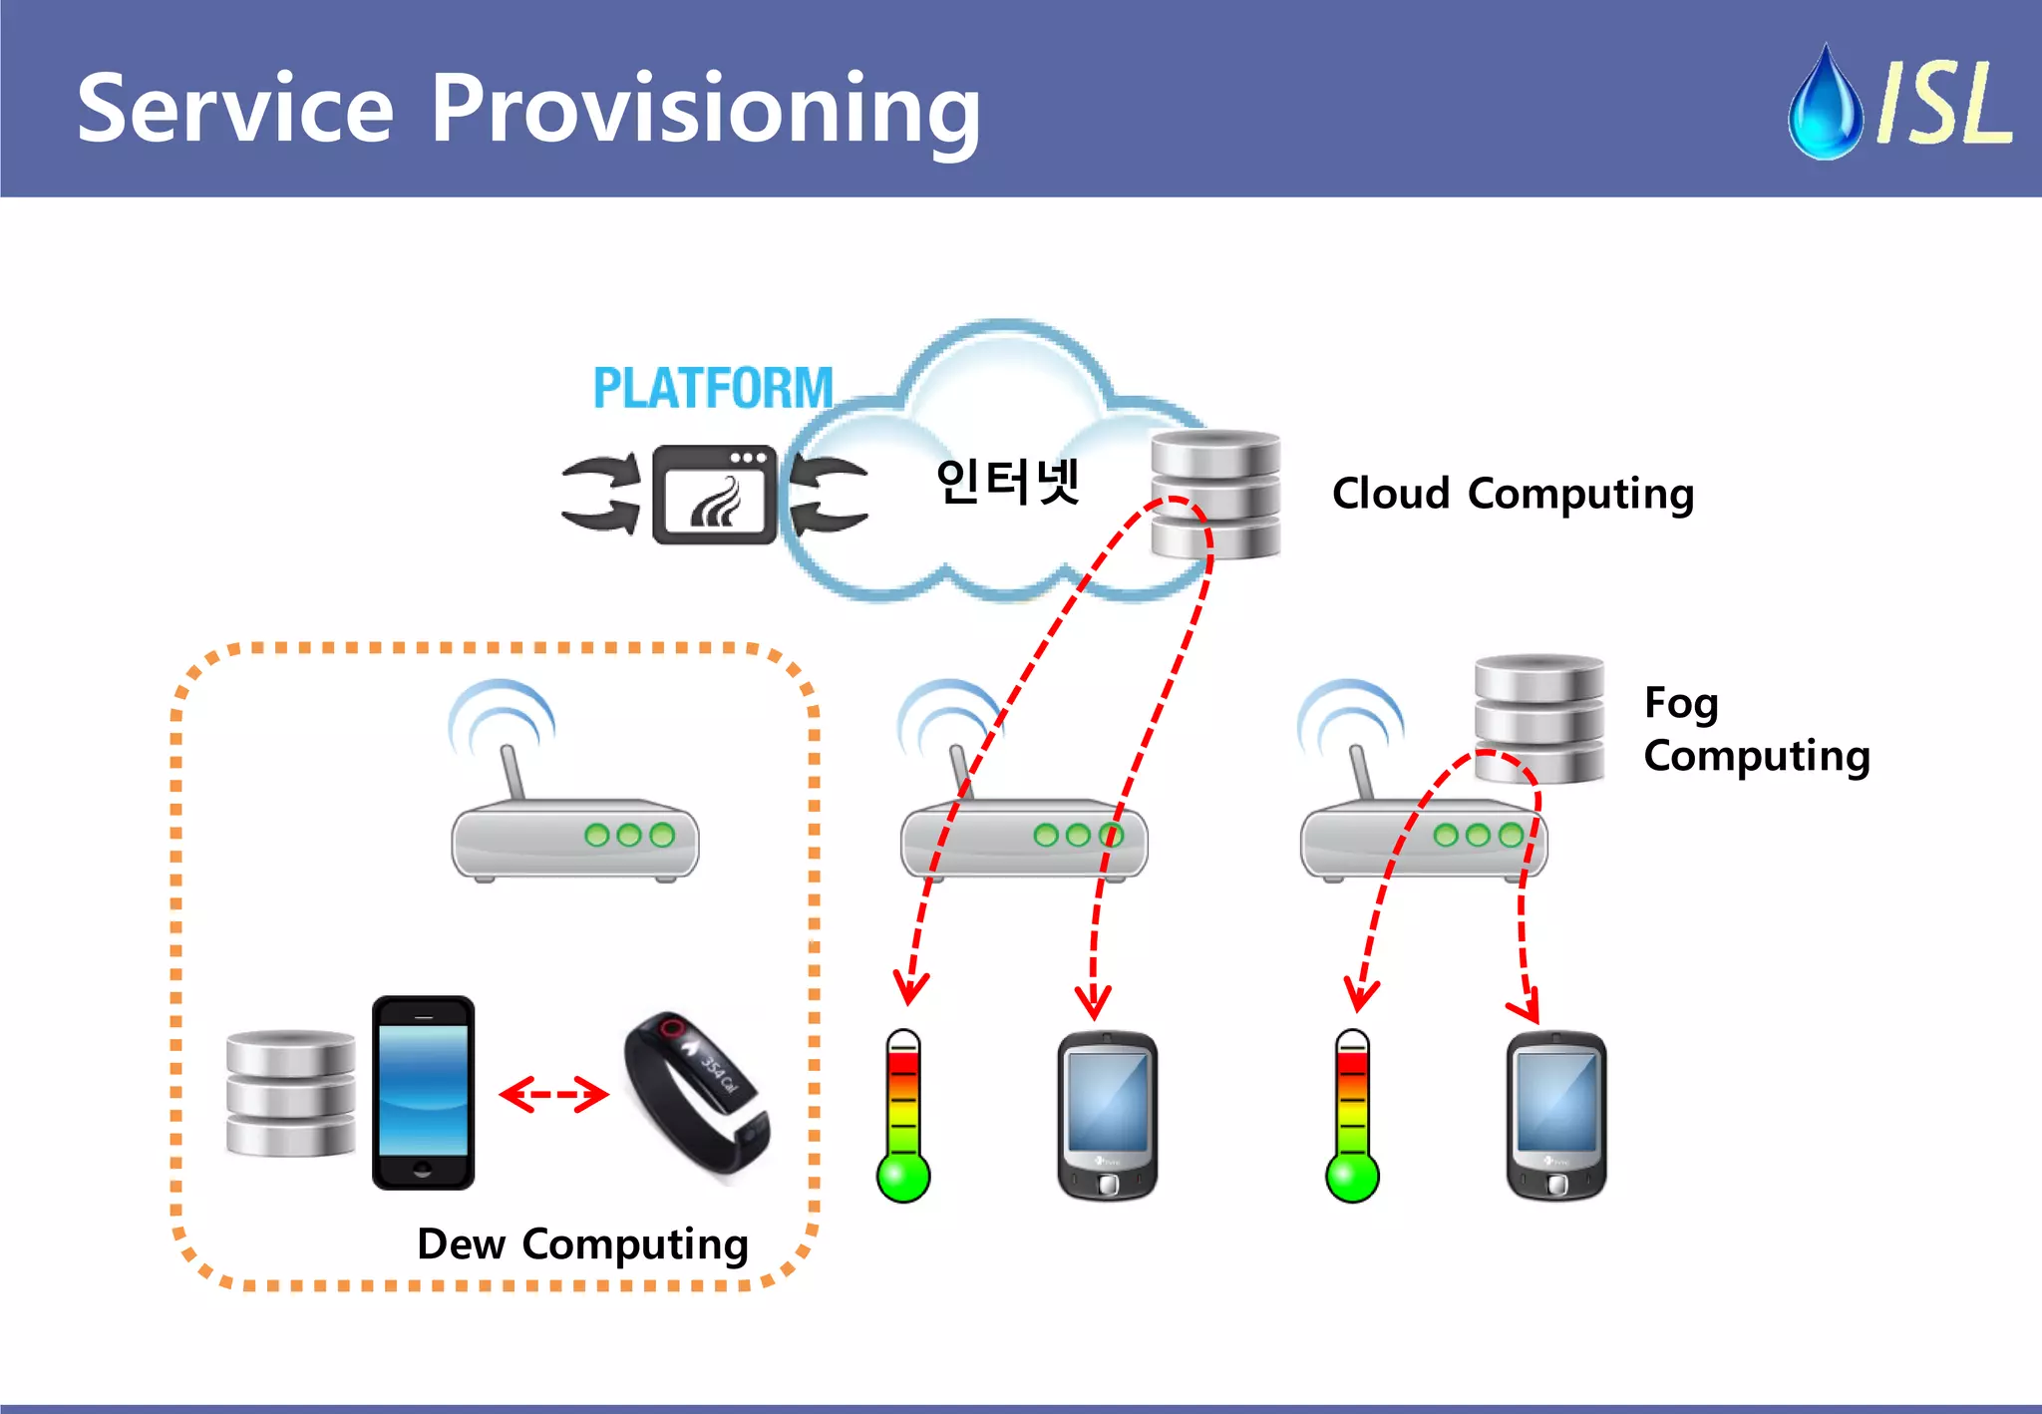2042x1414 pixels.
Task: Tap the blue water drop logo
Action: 1825,105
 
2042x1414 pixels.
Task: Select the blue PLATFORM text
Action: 713,388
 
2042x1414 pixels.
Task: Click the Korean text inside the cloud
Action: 1008,482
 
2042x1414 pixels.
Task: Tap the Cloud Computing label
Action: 1513,494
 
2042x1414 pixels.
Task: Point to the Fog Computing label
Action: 1755,729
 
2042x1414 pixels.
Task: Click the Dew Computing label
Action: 582,1244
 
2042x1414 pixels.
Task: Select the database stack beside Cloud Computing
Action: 1215,494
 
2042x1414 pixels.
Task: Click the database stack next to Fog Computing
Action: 1538,718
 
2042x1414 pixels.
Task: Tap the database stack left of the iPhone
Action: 290,1094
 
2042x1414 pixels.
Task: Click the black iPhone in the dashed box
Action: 423,1093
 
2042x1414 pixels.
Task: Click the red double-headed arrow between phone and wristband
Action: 553,1094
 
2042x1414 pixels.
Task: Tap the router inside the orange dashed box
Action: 574,838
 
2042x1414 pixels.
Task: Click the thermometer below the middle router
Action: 903,1117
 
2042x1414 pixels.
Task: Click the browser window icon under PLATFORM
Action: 714,495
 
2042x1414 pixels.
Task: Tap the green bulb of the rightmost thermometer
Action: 1352,1177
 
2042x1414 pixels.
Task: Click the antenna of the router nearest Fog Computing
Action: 1360,770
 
